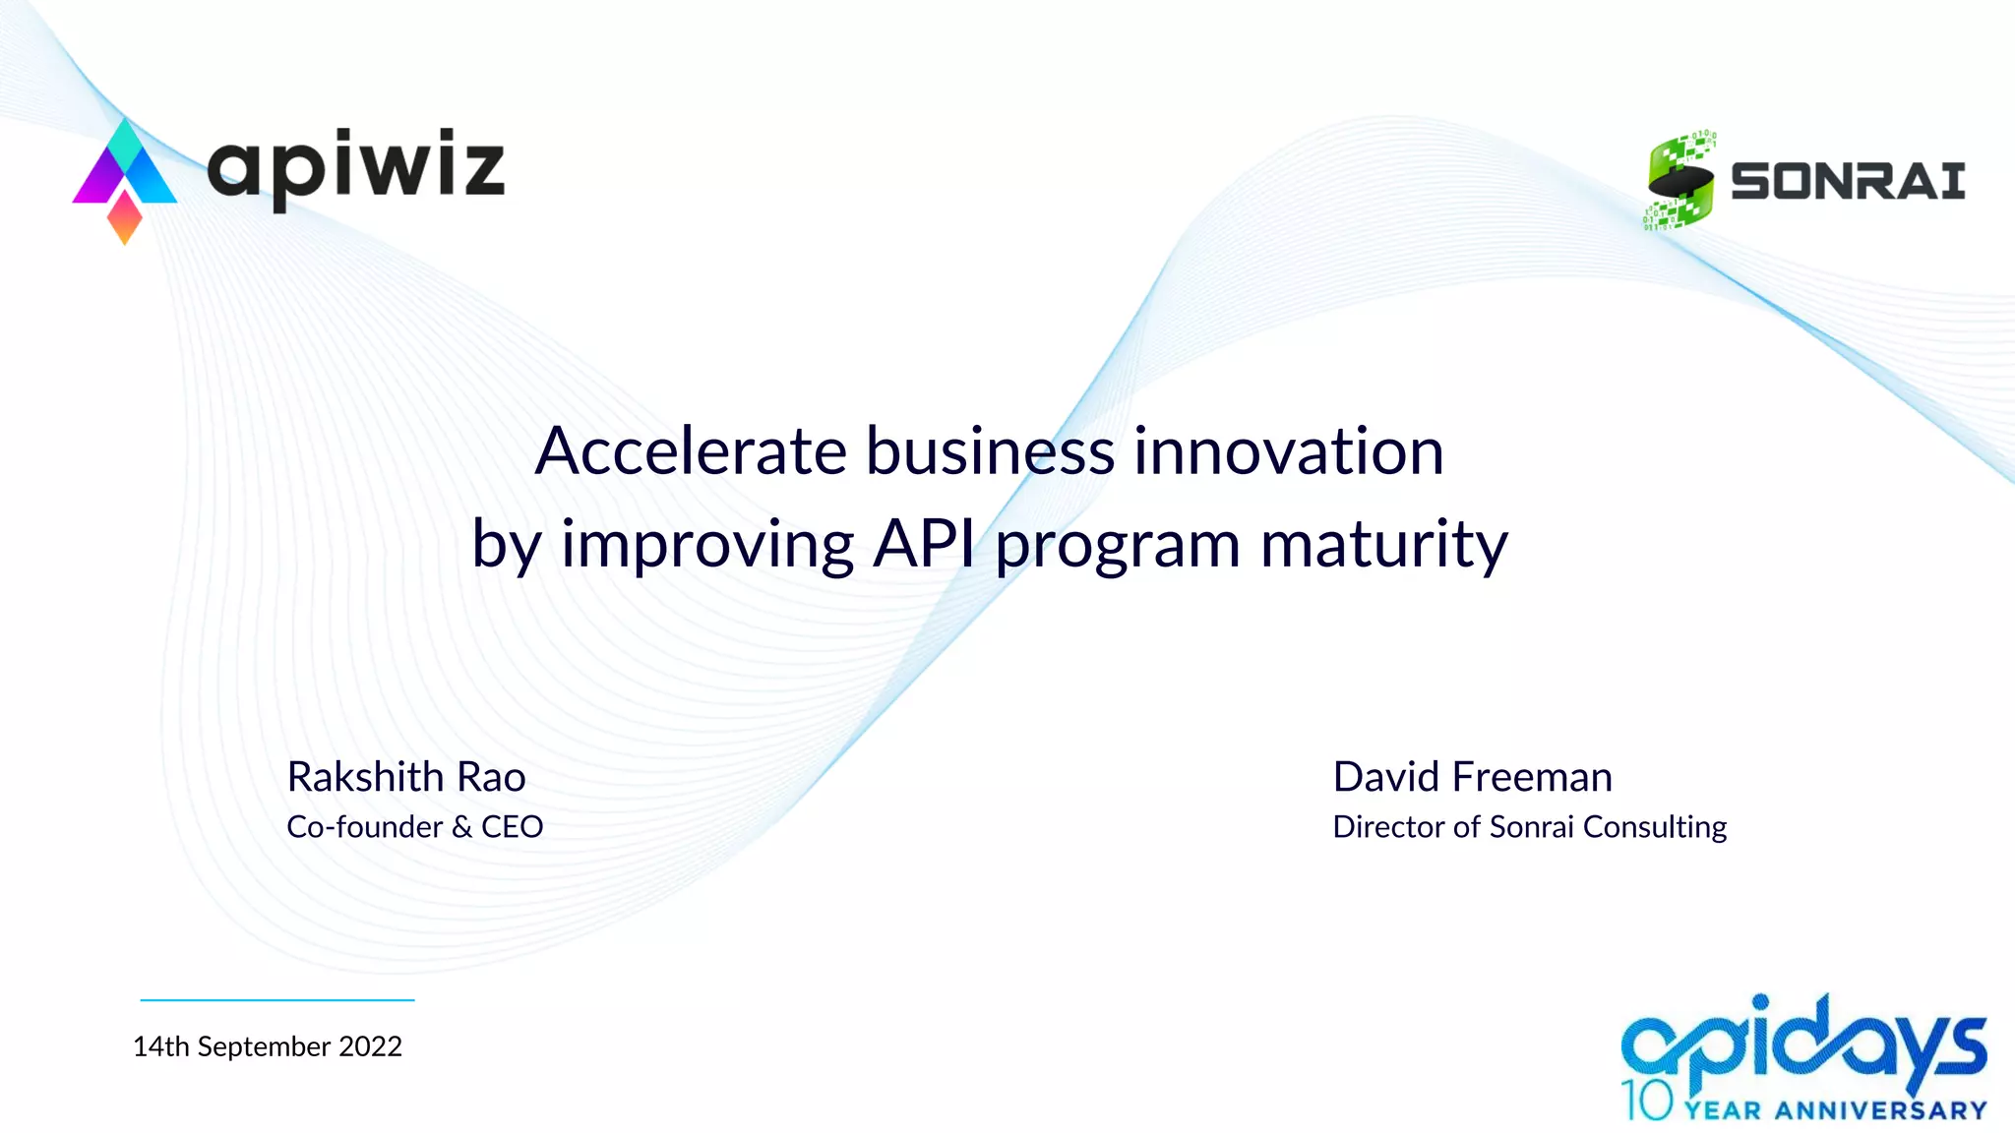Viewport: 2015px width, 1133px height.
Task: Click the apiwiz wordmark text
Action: click(x=356, y=167)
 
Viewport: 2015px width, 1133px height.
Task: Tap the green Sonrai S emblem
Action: click(x=1680, y=181)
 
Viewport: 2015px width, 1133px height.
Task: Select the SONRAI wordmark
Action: click(x=1848, y=182)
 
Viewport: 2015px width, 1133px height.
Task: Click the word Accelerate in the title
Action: click(x=691, y=451)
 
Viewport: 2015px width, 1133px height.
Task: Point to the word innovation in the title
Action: click(x=1289, y=451)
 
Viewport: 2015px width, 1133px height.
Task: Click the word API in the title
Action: click(x=923, y=544)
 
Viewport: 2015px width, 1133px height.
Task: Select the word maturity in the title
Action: click(x=1383, y=544)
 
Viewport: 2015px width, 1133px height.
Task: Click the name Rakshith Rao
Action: click(x=405, y=777)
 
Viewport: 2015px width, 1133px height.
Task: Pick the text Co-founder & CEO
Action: click(x=414, y=827)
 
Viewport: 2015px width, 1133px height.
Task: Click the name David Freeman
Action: click(x=1472, y=777)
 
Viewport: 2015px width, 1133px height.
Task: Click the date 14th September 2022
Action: click(x=267, y=1046)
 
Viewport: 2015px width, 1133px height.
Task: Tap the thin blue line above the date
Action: click(x=276, y=1000)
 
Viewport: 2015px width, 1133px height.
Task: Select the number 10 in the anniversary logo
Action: click(x=1647, y=1101)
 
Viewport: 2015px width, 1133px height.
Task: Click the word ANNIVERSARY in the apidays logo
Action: click(x=1881, y=1111)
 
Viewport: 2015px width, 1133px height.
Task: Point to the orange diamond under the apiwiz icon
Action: click(x=125, y=217)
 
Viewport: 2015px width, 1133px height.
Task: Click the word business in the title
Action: click(x=990, y=451)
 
